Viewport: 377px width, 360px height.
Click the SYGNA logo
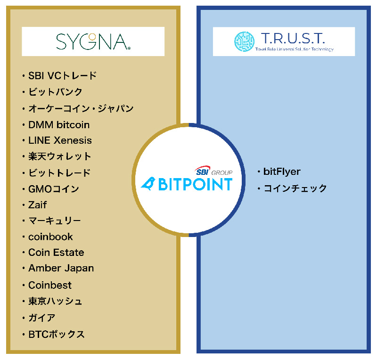tap(93, 41)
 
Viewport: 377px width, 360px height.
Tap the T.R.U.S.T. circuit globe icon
tap(244, 41)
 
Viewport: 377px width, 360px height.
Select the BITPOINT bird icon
tap(148, 184)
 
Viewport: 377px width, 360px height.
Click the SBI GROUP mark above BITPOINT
tap(213, 171)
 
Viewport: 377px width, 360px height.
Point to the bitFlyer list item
tap(282, 172)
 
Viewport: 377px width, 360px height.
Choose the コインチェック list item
tap(295, 188)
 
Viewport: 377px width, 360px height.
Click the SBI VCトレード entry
tap(63, 75)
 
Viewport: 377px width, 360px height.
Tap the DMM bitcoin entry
tap(59, 125)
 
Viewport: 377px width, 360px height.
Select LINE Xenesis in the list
tap(60, 140)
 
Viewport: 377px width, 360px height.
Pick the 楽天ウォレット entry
tap(60, 156)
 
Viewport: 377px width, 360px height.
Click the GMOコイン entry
tap(54, 189)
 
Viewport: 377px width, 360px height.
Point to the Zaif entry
tap(38, 205)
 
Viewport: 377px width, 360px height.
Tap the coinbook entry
tap(50, 237)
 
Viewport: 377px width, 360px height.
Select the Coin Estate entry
tap(56, 253)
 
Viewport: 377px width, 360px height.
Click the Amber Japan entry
tap(61, 269)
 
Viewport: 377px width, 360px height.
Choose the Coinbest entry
tap(50, 285)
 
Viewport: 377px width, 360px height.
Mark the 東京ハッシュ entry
tap(55, 301)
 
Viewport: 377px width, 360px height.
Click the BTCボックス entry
tap(57, 334)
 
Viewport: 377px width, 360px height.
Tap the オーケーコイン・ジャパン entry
tap(81, 108)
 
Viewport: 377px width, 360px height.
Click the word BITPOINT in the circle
tap(195, 184)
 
